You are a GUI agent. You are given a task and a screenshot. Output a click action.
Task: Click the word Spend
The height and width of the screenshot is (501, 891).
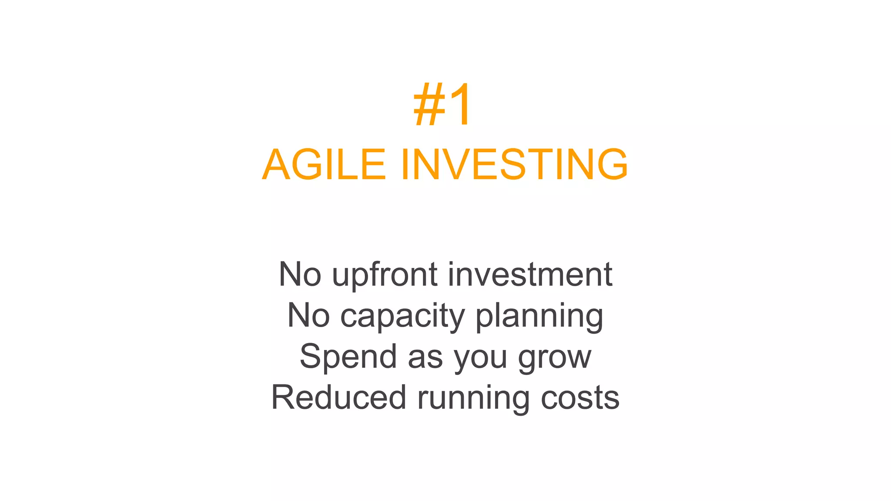[x=348, y=357]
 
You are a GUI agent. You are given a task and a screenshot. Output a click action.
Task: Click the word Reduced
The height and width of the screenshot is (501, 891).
[x=339, y=397]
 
